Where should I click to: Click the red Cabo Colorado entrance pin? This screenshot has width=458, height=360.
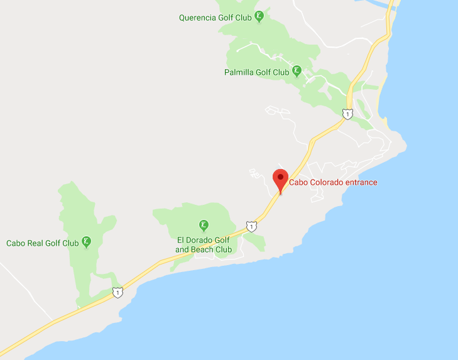[x=280, y=178]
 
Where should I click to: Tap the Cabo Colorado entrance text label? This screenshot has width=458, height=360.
[x=333, y=183]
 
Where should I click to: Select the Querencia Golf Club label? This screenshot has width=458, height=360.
[x=215, y=18]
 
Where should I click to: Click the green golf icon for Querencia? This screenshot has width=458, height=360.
[x=258, y=18]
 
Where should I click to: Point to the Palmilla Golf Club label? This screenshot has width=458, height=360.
[x=256, y=72]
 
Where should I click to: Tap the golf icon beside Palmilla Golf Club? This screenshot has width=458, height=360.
[x=297, y=72]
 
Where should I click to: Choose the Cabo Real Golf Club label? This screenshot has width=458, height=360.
[x=42, y=243]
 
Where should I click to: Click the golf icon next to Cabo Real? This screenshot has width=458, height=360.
[x=87, y=242]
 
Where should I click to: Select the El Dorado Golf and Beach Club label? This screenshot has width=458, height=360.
[x=204, y=244]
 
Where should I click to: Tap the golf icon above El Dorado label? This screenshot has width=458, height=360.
[x=204, y=226]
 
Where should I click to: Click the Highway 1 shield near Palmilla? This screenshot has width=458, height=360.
[x=347, y=114]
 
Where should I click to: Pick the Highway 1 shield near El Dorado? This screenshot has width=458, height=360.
[x=251, y=226]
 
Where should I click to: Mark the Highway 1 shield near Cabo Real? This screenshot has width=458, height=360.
[x=117, y=292]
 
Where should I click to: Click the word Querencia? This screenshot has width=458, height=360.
[x=197, y=18]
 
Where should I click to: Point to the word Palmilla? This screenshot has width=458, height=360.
[x=239, y=72]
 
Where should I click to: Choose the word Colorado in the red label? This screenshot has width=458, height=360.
[x=325, y=183]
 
